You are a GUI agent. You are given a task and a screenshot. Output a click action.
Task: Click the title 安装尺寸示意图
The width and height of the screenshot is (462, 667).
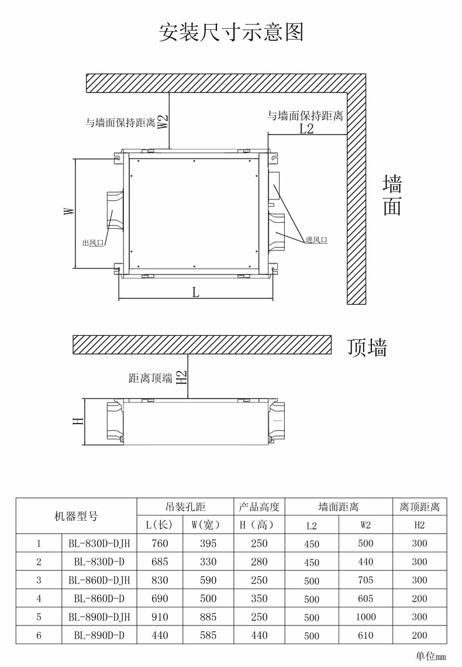(x=231, y=32)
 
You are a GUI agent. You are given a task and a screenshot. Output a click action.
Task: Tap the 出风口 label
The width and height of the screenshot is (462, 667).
(x=93, y=243)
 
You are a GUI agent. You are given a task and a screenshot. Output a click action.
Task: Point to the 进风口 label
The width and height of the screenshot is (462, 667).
(x=316, y=240)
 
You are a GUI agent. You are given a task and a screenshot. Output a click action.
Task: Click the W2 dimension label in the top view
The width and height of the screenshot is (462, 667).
(x=163, y=122)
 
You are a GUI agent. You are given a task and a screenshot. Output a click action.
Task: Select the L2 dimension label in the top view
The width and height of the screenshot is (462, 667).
(x=306, y=128)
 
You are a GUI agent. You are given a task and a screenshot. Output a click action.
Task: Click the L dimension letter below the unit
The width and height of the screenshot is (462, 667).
(x=195, y=292)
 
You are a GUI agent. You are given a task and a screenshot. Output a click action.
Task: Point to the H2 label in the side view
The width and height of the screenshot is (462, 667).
(x=181, y=377)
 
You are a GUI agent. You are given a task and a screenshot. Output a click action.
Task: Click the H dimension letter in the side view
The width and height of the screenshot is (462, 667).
(x=78, y=421)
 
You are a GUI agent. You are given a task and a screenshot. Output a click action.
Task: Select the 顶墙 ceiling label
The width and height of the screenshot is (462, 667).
(x=367, y=348)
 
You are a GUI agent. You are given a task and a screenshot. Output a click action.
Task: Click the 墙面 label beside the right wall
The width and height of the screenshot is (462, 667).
(x=392, y=195)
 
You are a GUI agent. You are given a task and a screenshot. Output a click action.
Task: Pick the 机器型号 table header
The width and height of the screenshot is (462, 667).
(x=77, y=517)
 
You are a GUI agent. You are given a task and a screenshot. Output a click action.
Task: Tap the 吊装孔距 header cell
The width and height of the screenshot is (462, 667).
(x=185, y=507)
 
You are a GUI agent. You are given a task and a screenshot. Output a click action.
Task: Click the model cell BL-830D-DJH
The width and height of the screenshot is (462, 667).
(x=99, y=543)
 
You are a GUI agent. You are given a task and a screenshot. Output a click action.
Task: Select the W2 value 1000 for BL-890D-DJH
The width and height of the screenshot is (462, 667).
(x=366, y=617)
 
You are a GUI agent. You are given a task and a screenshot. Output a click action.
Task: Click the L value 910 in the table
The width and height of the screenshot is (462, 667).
(x=160, y=617)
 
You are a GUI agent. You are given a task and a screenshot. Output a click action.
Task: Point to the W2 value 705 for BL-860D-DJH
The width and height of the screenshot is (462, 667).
(x=366, y=580)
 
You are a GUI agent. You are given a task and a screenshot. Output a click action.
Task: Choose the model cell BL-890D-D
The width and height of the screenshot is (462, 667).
(x=99, y=635)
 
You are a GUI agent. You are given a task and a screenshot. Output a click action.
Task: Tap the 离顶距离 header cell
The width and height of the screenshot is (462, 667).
(x=419, y=507)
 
